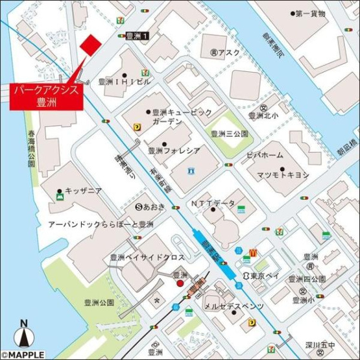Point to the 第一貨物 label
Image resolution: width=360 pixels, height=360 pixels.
[x=311, y=13]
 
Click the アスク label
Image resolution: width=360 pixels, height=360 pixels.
[x=229, y=52]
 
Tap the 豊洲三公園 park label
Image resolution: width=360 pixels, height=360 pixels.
[x=230, y=134]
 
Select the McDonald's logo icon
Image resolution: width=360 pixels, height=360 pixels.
[x=254, y=250]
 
